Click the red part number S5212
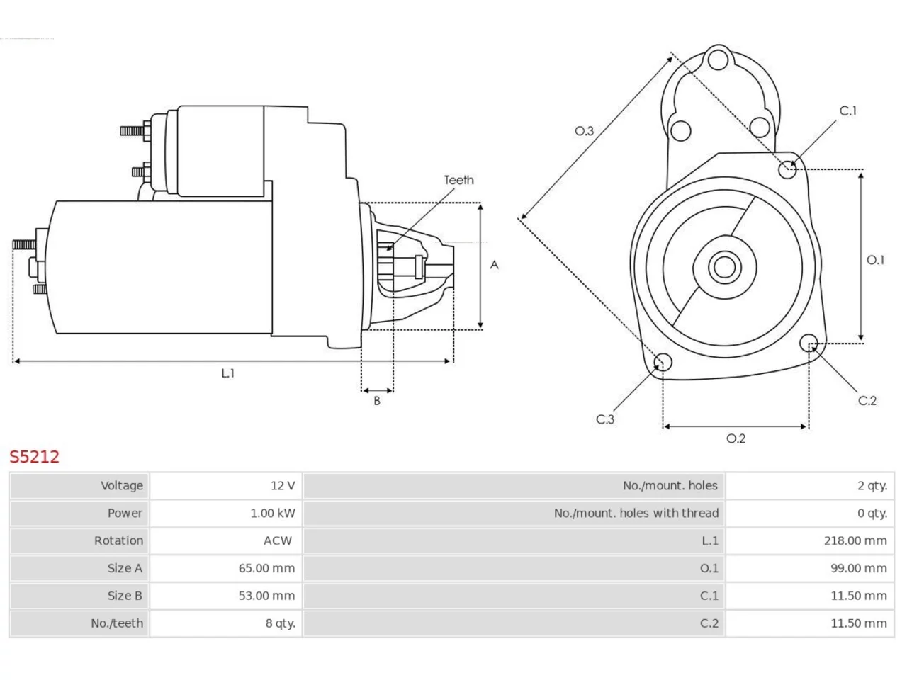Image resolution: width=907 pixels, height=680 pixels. [x=34, y=456]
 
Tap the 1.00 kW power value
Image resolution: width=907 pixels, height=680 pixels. [x=273, y=513]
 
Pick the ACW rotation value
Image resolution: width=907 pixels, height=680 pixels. [x=278, y=540]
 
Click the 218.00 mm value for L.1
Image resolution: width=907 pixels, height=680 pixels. [x=855, y=540]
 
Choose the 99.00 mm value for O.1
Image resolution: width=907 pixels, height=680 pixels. [x=859, y=568]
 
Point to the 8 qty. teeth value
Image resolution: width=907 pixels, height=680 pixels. [x=281, y=623]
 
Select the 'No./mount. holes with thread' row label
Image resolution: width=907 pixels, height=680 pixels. [x=636, y=513]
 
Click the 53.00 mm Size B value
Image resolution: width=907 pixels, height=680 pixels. [x=266, y=596]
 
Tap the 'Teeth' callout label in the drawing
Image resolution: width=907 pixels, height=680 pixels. [x=458, y=180]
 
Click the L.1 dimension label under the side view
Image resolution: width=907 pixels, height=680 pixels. [x=227, y=373]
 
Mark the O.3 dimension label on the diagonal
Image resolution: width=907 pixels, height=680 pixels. [x=584, y=131]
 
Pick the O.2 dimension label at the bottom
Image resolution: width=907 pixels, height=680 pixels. [x=736, y=438]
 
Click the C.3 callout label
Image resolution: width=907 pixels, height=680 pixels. [x=605, y=419]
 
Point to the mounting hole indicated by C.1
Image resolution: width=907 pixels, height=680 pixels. [x=787, y=170]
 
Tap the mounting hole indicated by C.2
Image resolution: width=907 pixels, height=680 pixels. [x=809, y=343]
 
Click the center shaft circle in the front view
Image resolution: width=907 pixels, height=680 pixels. [x=724, y=267]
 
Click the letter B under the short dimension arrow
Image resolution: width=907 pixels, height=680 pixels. [x=377, y=400]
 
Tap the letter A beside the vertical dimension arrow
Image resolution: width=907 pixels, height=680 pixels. [x=494, y=265]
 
